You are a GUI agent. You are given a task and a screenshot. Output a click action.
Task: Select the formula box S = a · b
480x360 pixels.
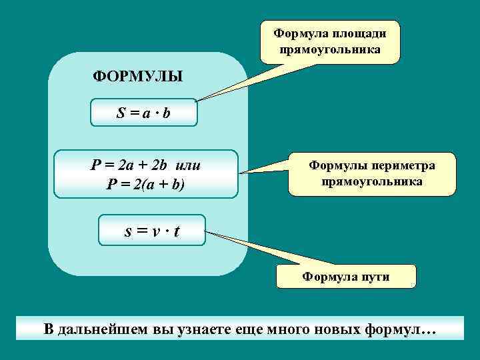pos(144,113)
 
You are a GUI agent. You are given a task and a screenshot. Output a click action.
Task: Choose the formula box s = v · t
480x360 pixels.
pos(152,231)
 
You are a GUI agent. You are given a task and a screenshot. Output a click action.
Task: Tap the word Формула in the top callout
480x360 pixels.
pos(300,33)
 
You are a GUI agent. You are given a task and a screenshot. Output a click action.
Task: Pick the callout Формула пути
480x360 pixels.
pos(347,276)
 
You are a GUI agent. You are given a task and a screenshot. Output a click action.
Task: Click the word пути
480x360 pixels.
pos(374,277)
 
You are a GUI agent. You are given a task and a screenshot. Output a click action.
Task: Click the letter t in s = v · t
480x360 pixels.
pos(177,232)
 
